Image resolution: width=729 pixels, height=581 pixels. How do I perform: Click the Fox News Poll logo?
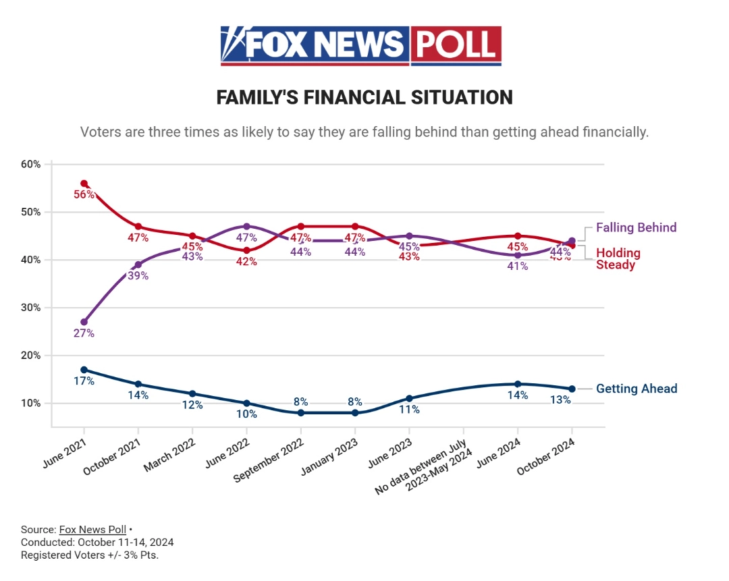click(360, 45)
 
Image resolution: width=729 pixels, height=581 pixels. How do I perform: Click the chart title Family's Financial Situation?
click(364, 97)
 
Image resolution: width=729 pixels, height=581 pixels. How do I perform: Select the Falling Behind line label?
click(636, 227)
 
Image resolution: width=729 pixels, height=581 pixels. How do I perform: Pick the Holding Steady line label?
click(618, 259)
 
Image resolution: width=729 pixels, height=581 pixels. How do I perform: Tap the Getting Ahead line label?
click(636, 389)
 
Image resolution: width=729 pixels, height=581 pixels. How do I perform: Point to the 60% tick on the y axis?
click(31, 164)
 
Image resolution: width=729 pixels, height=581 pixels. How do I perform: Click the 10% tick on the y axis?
click(31, 403)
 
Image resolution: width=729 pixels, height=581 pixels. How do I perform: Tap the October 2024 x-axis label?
click(547, 455)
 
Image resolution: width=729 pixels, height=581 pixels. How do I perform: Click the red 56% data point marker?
click(84, 184)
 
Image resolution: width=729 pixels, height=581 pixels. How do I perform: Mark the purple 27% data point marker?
click(84, 322)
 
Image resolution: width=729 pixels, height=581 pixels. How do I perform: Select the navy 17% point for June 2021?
click(84, 370)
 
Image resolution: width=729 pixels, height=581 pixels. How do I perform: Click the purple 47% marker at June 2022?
click(247, 226)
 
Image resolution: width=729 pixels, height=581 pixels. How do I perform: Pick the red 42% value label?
click(246, 262)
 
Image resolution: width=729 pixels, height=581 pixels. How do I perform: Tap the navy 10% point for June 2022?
click(247, 403)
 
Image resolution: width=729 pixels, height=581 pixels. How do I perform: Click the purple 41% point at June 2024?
click(518, 255)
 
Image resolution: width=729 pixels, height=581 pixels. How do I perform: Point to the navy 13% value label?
click(560, 399)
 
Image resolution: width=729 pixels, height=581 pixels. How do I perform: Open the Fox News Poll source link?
click(92, 530)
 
